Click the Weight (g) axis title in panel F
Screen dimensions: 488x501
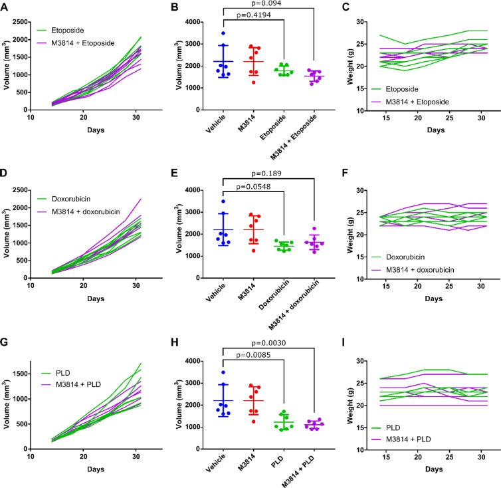coord(347,234)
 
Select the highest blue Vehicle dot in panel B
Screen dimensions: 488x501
coord(225,34)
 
